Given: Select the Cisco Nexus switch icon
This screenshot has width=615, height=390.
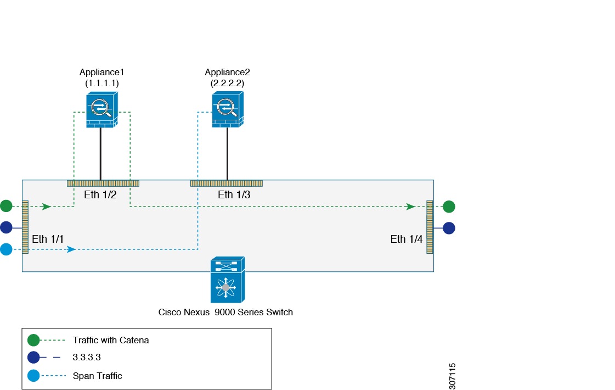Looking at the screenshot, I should (227, 280).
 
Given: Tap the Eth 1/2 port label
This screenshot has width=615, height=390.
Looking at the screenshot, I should (100, 194).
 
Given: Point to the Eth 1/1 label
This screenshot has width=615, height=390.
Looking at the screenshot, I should (48, 239).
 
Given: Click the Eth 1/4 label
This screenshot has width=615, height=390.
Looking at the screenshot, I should (406, 239).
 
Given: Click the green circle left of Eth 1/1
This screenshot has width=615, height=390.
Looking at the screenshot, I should (5, 206).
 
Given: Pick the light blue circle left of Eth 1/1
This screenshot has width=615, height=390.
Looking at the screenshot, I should (5, 249).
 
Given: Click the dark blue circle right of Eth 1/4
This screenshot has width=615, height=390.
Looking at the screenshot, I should (449, 228).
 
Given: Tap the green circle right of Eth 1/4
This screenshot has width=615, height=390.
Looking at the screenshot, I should (449, 207).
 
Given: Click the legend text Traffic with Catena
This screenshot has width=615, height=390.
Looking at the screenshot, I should (111, 340).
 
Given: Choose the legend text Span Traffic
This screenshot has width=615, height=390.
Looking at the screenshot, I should (97, 376).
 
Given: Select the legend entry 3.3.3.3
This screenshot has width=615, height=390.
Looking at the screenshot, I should (89, 358).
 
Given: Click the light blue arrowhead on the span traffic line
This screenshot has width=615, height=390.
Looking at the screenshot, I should (71, 249).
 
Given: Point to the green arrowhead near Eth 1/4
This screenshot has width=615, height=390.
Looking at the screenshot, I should (410, 207).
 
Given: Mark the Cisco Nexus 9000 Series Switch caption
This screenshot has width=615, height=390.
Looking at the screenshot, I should (225, 312).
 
